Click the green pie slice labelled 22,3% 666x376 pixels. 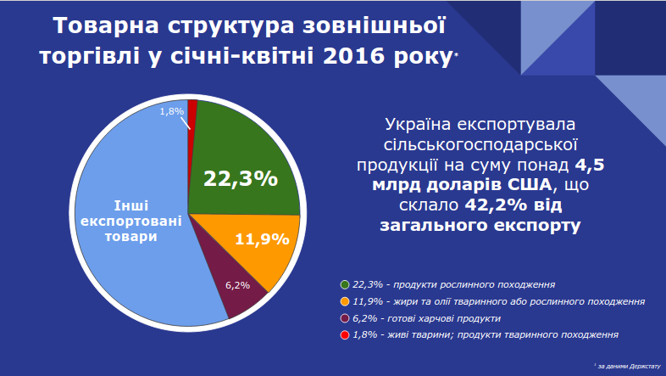[x=241, y=170]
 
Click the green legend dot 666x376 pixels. [x=345, y=284]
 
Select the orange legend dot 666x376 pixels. [x=345, y=301]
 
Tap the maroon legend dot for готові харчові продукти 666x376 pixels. [x=345, y=318]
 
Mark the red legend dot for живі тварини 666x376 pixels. [x=345, y=335]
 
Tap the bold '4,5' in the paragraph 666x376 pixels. [x=590, y=164]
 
